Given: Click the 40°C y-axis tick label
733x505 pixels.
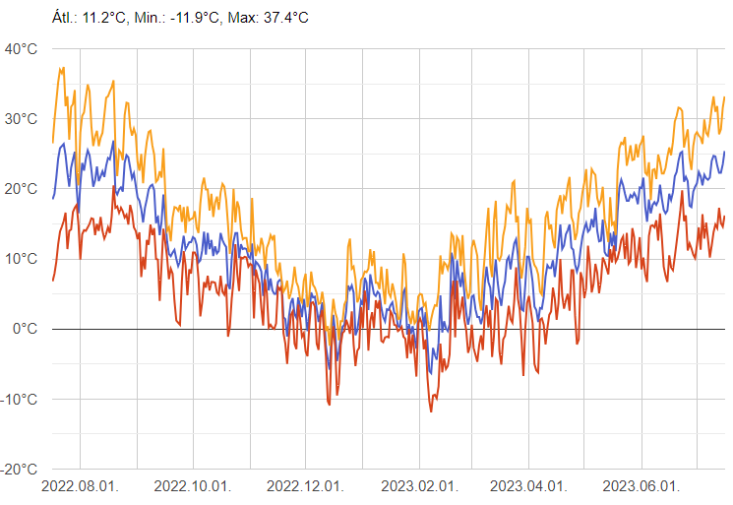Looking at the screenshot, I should [x=21, y=49].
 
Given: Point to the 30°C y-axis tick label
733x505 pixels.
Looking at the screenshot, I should [x=21, y=119].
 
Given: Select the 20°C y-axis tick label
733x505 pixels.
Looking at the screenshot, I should [x=21, y=189].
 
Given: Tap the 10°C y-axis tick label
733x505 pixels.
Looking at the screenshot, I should [x=21, y=259].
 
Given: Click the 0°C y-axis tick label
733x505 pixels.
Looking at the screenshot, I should [x=25, y=329].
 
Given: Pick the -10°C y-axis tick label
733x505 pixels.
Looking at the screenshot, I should [x=19, y=399].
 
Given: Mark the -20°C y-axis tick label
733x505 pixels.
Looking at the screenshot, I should [x=19, y=469].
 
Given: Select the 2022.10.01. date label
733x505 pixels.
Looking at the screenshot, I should [x=194, y=486].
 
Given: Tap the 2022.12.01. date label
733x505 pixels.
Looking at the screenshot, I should [x=306, y=486].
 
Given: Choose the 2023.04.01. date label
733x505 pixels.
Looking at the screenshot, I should [x=529, y=486].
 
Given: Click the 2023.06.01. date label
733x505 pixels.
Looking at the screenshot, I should [x=641, y=486].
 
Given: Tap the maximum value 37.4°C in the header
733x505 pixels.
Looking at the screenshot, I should [x=281, y=18].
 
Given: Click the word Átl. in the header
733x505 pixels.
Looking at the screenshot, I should [x=62, y=18].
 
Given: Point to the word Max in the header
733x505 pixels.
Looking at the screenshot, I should [x=240, y=18].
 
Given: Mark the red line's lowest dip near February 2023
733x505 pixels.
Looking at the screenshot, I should [x=430, y=411].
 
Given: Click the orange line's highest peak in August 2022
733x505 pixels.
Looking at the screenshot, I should [x=62, y=68].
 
